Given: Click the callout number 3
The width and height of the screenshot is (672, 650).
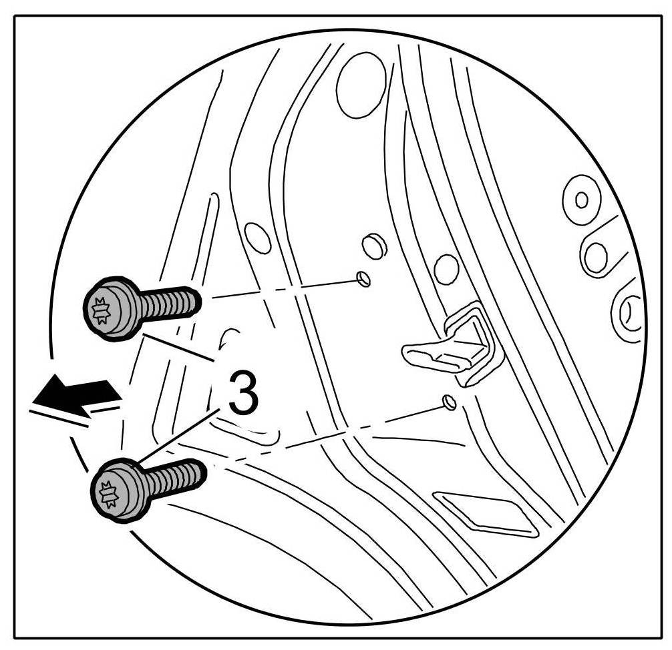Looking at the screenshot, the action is pos(242,394).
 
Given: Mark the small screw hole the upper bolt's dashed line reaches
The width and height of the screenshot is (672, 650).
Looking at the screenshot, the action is pos(363,278).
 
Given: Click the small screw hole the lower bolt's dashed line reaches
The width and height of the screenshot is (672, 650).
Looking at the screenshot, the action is pos(449,402).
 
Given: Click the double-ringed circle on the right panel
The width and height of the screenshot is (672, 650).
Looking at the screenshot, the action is pos(582,199).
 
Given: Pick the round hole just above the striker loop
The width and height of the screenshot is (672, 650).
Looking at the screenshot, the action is pos(446,269).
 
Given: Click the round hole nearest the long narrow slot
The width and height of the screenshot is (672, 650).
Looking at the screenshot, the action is pos(257,238).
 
